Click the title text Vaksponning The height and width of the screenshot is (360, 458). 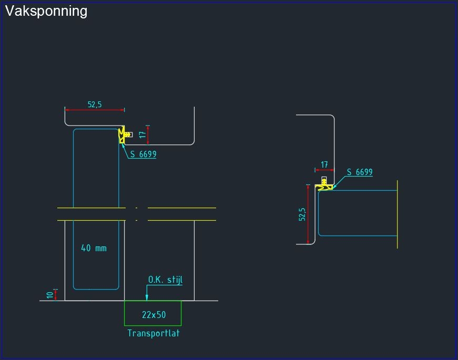[x=46, y=11]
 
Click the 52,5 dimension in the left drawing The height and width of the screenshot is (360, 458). [x=95, y=105]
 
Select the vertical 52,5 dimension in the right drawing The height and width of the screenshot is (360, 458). [x=302, y=214]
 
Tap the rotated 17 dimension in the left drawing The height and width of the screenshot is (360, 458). [x=142, y=135]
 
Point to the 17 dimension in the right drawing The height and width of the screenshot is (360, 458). [x=324, y=164]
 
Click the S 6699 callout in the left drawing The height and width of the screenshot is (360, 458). [x=144, y=155]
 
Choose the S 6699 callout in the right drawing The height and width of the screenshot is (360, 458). [x=360, y=172]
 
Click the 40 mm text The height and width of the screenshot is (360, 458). [x=94, y=248]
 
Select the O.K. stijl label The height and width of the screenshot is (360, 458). [x=165, y=280]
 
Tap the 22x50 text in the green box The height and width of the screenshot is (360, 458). [x=154, y=315]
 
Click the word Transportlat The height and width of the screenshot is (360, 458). [x=154, y=333]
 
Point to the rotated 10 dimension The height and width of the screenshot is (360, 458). [x=50, y=295]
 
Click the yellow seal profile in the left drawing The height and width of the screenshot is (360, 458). [x=123, y=135]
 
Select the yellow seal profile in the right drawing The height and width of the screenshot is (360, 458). [x=324, y=187]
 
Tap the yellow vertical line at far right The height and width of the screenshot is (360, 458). [x=398, y=214]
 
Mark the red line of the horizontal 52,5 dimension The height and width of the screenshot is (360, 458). [x=95, y=110]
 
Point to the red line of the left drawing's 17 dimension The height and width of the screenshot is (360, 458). [x=148, y=135]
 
